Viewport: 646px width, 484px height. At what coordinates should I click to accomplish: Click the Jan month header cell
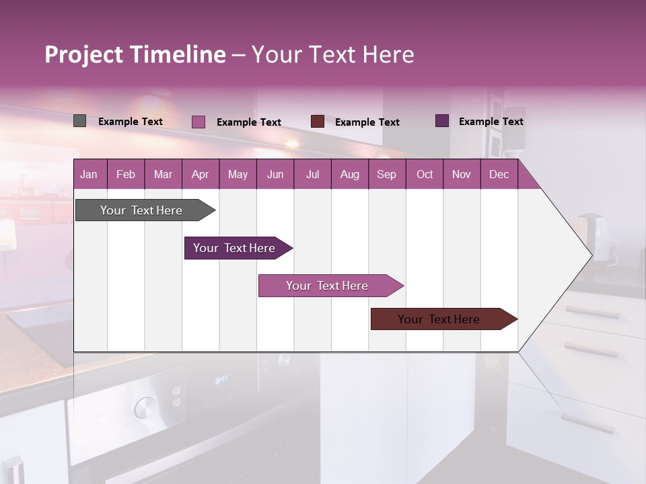89,174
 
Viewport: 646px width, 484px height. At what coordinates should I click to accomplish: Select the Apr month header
201,174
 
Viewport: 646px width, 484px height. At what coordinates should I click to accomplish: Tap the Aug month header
350,174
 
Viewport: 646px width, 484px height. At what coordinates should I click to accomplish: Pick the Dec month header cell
499,174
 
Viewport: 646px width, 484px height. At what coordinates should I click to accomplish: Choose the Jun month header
275,174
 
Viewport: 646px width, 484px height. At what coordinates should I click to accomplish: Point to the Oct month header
425,174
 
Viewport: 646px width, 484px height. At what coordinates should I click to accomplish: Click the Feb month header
126,174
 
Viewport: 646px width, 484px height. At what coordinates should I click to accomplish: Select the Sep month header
387,174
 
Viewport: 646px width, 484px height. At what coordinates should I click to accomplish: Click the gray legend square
80,121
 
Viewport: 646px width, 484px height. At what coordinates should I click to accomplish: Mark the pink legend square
199,122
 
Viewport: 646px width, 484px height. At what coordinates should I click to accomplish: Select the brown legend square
318,122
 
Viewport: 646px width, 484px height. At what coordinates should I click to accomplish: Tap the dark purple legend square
442,121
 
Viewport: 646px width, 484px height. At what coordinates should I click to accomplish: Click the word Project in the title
83,54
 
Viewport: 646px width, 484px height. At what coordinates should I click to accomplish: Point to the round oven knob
143,407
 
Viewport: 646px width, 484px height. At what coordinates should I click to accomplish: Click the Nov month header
462,174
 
